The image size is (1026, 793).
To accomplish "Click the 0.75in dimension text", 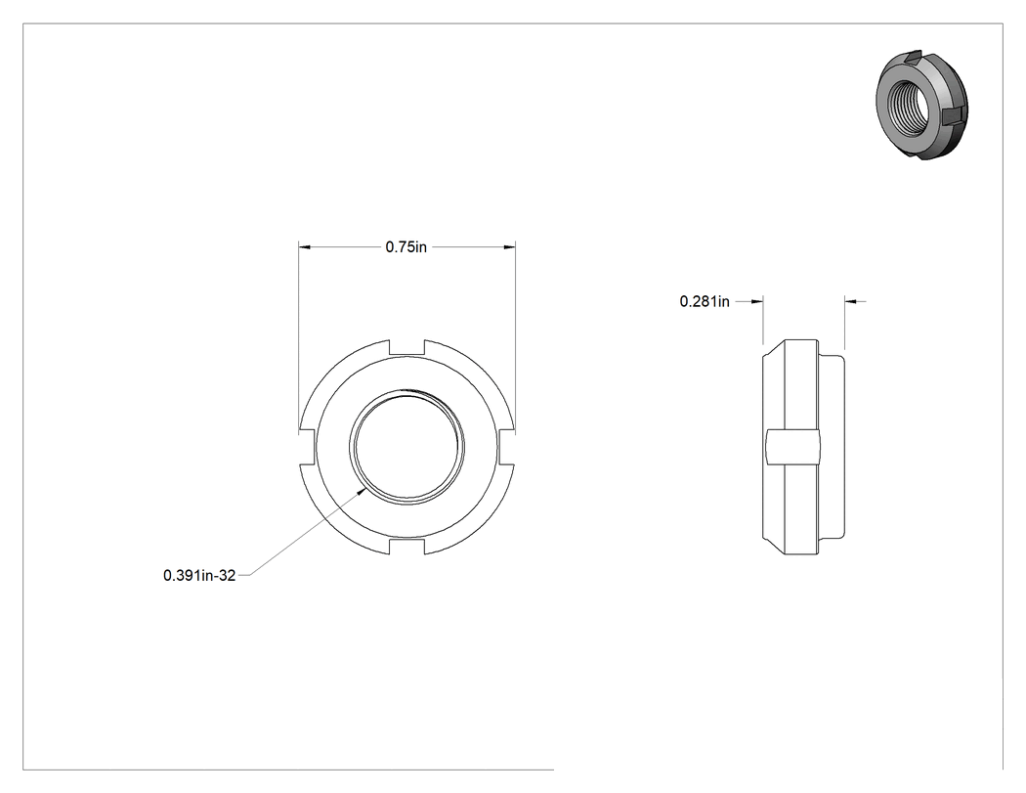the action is (x=406, y=246).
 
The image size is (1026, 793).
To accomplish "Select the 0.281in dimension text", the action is (x=705, y=301).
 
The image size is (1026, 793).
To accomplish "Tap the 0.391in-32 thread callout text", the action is (x=199, y=576).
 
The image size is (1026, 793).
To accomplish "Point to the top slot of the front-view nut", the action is (x=407, y=348).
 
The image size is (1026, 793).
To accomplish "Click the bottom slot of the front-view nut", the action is (x=407, y=547).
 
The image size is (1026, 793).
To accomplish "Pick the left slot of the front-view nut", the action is (x=308, y=447).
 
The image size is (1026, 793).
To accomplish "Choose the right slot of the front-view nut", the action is (x=506, y=447).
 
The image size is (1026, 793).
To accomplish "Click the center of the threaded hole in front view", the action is (x=407, y=447).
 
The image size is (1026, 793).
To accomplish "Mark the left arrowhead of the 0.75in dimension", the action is (x=304, y=246).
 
